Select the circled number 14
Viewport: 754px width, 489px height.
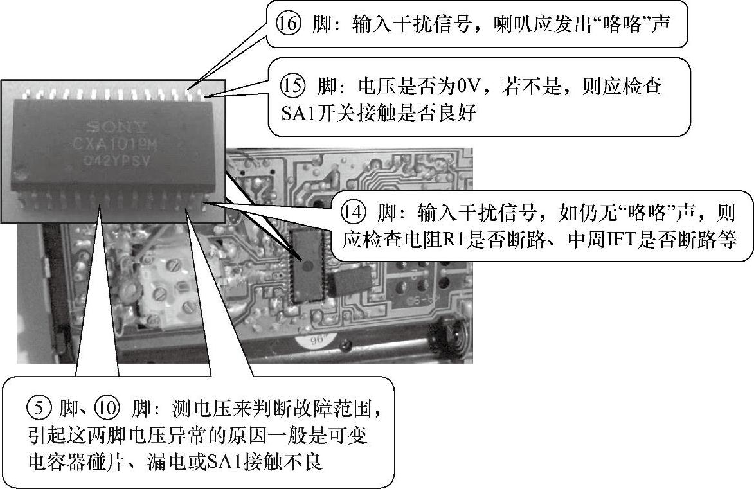pos(354,212)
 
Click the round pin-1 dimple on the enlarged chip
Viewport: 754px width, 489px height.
pos(21,172)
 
